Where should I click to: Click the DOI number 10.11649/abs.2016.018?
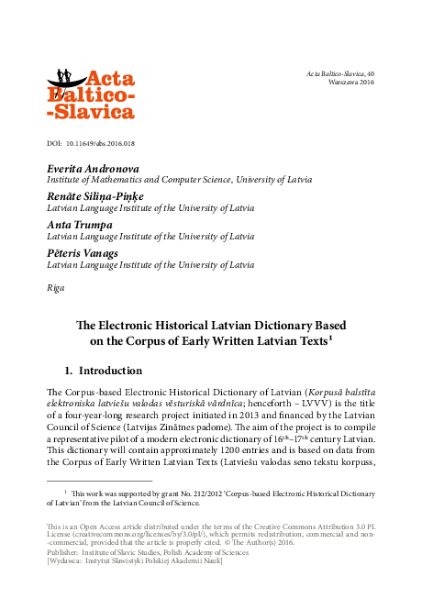click(103, 144)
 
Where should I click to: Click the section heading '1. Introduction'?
click(103, 371)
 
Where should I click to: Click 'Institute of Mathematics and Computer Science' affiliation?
click(128, 180)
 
